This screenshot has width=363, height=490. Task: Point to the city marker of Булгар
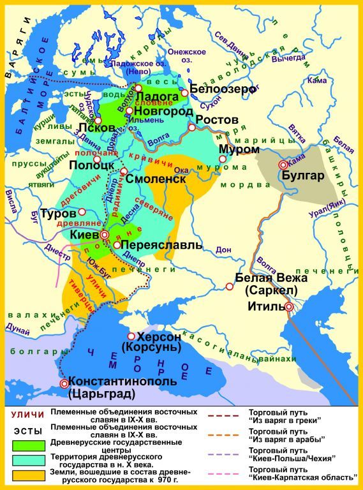point(283,165)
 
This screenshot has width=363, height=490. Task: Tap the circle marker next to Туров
point(82,211)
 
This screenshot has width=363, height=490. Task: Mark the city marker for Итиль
point(289,307)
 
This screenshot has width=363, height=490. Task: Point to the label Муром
point(239,149)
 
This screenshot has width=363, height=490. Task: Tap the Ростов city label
point(217,121)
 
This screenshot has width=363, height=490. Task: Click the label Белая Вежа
point(271,278)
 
